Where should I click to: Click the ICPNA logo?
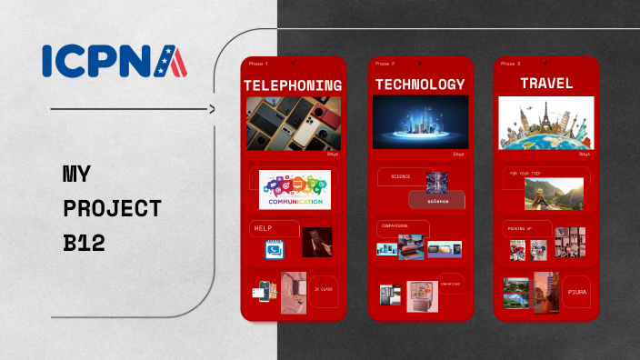(x=115, y=61)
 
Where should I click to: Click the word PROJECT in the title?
(x=112, y=208)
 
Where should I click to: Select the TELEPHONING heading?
(x=293, y=85)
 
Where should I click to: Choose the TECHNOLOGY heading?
(x=420, y=85)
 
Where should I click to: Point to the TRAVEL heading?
(x=546, y=84)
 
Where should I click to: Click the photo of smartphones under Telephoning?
(x=294, y=124)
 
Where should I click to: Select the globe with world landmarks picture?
(x=546, y=123)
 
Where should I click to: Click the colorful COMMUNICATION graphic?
(x=295, y=190)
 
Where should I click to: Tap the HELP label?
(x=264, y=228)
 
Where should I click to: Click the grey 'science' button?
(x=437, y=200)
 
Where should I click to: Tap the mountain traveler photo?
(x=554, y=193)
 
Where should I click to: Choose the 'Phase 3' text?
(x=511, y=64)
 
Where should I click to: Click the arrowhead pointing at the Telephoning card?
(x=213, y=109)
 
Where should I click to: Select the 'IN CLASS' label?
(x=323, y=289)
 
